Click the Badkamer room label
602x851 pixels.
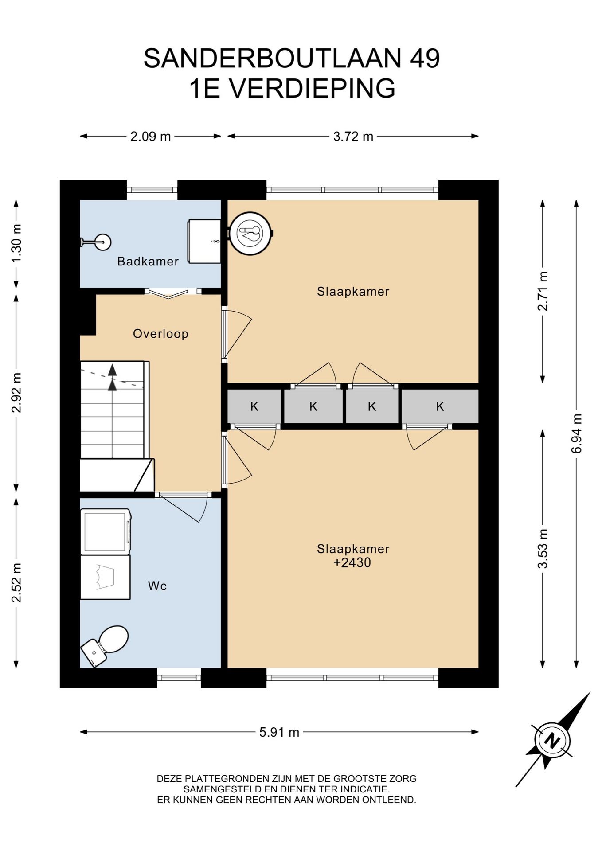click(x=148, y=262)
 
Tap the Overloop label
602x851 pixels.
click(x=160, y=334)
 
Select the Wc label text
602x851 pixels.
click(x=157, y=586)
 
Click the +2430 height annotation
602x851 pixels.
click(x=352, y=563)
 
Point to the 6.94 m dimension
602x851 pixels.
click(x=577, y=433)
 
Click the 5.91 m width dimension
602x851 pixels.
click(x=279, y=732)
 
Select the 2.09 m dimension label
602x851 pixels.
click(x=150, y=137)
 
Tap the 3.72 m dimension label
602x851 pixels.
click(x=353, y=137)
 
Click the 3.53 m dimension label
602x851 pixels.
click(x=543, y=549)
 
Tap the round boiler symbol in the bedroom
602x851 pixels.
click(x=250, y=233)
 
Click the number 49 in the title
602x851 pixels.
click(x=425, y=59)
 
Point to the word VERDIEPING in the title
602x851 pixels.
click(x=312, y=88)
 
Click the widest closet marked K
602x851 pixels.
click(x=440, y=406)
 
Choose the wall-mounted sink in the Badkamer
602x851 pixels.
click(x=96, y=242)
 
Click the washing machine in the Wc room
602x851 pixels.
click(x=106, y=531)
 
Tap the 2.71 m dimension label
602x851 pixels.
click(x=543, y=291)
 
